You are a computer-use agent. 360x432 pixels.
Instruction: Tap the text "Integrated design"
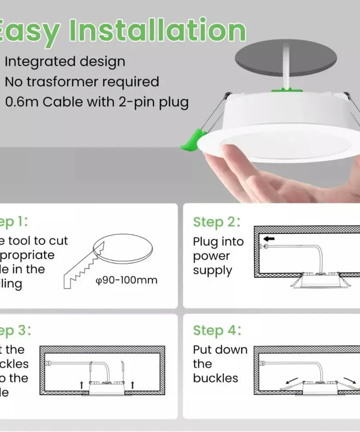tap(65, 61)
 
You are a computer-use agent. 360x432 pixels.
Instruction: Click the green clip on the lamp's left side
tap(191, 140)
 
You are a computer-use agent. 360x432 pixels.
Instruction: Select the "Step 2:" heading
tap(217, 222)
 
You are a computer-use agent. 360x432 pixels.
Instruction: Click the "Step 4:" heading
tap(217, 330)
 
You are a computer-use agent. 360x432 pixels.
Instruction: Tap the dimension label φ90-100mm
tap(127, 280)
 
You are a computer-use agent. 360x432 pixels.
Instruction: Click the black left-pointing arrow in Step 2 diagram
tap(269, 239)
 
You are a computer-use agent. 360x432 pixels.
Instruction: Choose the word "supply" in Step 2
tap(212, 271)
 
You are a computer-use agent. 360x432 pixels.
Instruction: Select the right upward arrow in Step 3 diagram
tap(132, 385)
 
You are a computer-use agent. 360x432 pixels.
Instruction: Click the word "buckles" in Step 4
tap(215, 378)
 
